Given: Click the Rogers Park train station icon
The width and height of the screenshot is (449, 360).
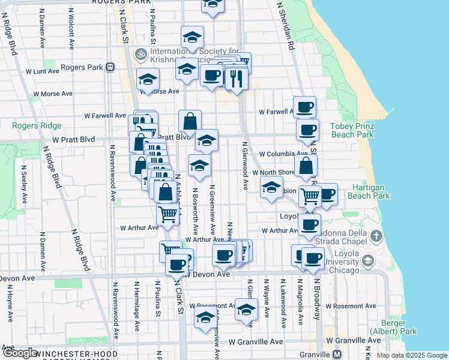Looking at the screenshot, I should [110, 67].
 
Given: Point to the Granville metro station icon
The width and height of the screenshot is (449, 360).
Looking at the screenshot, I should [337, 354].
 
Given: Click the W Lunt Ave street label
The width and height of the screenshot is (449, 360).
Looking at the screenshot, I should [42, 71].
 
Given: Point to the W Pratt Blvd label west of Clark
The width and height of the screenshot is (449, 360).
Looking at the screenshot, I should [73, 139].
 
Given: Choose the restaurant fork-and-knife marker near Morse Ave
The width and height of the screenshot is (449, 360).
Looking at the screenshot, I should [237, 78].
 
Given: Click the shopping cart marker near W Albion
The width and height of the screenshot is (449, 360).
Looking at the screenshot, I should [310, 196].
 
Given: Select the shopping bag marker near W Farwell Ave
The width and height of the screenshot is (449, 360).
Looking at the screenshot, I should [190, 121].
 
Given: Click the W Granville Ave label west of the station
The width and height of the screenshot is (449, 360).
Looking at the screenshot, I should [255, 341].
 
